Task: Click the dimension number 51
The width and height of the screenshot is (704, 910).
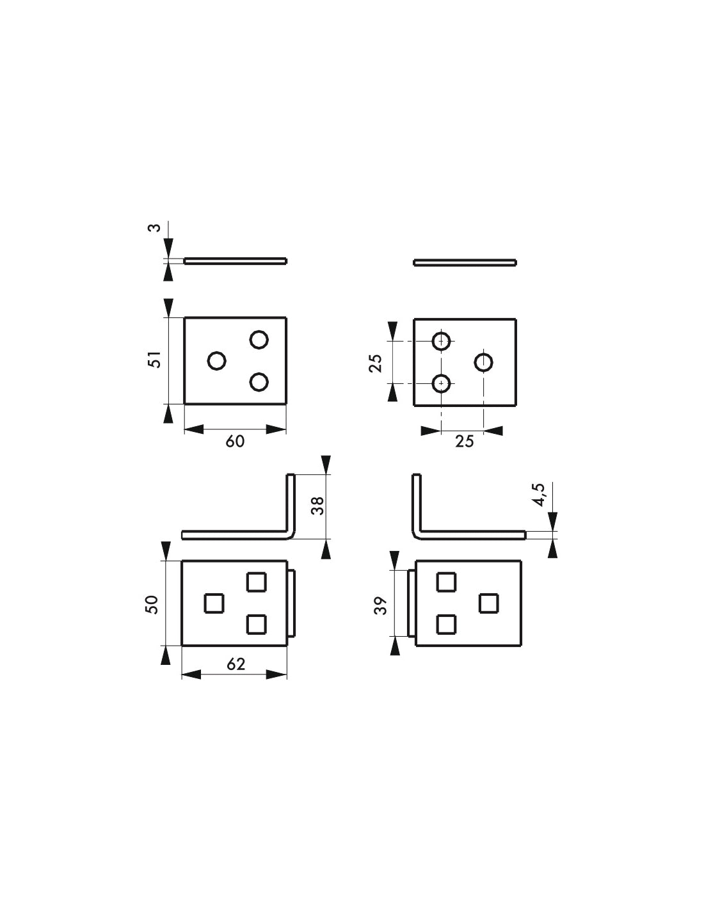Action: pos(156,359)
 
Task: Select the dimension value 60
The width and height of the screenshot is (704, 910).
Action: pos(235,442)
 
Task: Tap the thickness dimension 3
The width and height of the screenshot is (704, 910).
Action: pos(155,228)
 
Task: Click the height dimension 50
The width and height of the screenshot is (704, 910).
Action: pos(152,605)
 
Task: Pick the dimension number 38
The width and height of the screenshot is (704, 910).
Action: pos(318,506)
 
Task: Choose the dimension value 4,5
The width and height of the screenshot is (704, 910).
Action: pos(540,495)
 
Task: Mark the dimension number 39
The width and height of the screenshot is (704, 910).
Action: pos(381,605)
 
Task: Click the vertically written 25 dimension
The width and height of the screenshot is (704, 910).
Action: pos(375,363)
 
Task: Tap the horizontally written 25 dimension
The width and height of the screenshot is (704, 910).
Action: pos(465,442)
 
